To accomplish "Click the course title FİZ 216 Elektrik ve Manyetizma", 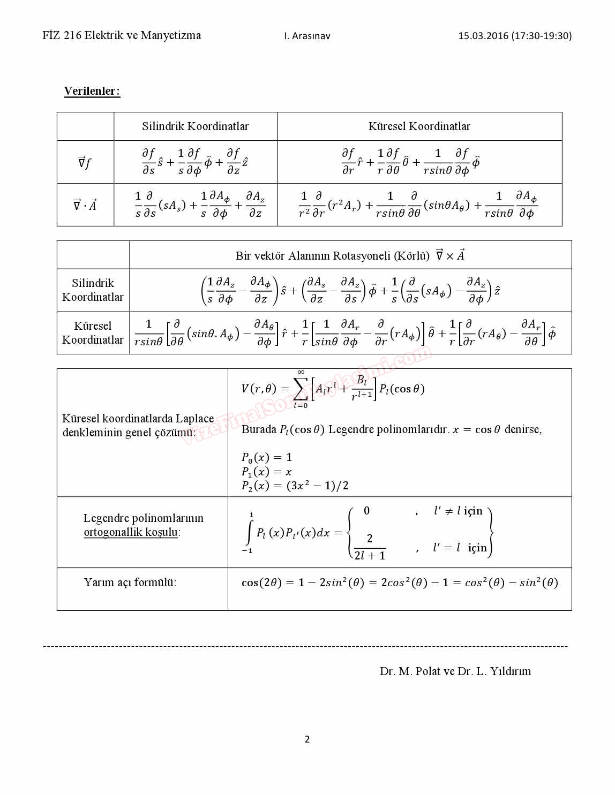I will tap(122, 35).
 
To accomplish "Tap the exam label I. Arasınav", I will tap(307, 36).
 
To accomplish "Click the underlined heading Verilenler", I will tap(92, 91).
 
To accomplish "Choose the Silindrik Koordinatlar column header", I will tap(195, 126).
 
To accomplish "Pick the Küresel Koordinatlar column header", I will tap(419, 126).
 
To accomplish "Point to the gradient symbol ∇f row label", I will tap(85, 162).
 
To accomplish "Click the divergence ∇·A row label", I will tap(85, 205).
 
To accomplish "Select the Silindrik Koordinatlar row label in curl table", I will tap(93, 290).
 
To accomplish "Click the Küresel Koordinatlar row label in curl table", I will tap(93, 332).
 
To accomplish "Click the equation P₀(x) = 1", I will tap(266, 457).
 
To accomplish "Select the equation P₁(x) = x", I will tap(266, 472).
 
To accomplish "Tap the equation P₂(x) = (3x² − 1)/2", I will tap(295, 486).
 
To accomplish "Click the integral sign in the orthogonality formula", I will tap(249, 533).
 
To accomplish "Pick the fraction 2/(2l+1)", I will tap(370, 547).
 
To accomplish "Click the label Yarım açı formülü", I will tap(130, 582).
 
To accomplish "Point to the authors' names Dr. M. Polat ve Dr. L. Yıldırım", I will tap(455, 671).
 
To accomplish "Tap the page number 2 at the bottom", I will tap(307, 739).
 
